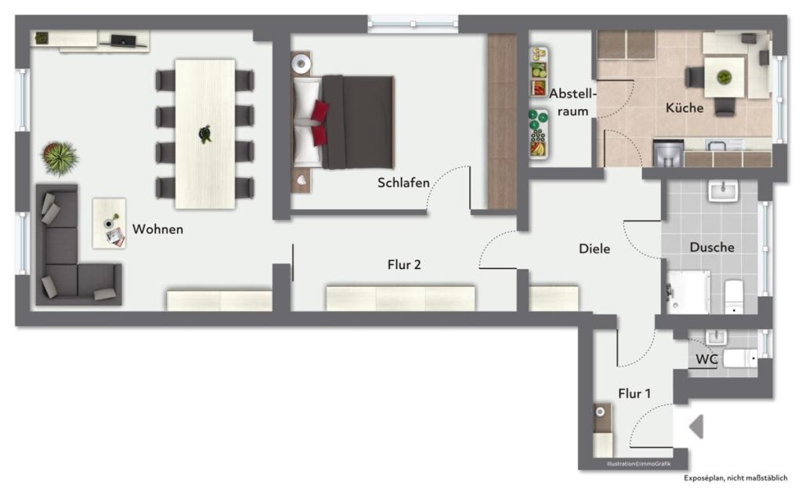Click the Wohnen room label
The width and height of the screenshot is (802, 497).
[157, 229]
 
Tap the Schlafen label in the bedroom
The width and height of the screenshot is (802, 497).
[403, 183]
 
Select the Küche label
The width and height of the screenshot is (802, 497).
[685, 108]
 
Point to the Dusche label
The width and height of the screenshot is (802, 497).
[712, 247]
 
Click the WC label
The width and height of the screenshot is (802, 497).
[706, 359]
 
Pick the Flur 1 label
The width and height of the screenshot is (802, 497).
[634, 394]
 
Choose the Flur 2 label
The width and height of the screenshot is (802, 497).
[404, 265]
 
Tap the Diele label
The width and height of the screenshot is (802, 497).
[594, 248]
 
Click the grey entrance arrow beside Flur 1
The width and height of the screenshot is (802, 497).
[696, 426]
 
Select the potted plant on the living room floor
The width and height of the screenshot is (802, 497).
[60, 158]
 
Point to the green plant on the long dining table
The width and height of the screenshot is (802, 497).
[205, 134]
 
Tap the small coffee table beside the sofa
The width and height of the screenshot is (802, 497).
[109, 223]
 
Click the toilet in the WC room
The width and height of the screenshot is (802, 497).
[740, 358]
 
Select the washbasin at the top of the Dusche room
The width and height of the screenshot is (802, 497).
[723, 191]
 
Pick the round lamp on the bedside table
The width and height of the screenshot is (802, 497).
[301, 64]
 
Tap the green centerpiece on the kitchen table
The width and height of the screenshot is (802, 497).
[724, 78]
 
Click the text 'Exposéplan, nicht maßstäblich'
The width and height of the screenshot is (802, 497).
[735, 478]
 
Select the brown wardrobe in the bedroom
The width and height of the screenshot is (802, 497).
[502, 122]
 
